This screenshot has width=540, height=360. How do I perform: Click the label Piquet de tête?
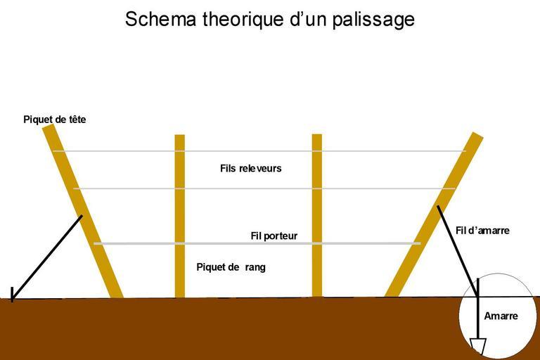(x=55, y=120)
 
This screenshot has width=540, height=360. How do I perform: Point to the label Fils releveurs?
(x=250, y=169)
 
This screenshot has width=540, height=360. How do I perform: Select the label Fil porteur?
(x=274, y=236)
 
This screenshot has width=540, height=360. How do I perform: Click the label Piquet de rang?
(x=231, y=267)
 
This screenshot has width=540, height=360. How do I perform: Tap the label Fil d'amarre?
(x=482, y=231)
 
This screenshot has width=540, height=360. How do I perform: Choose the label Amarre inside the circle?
(x=501, y=316)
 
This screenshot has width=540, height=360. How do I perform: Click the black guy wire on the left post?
(x=46, y=257)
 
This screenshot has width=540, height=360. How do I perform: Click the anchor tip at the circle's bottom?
(x=478, y=346)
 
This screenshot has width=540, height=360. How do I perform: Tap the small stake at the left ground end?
(x=12, y=293)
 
